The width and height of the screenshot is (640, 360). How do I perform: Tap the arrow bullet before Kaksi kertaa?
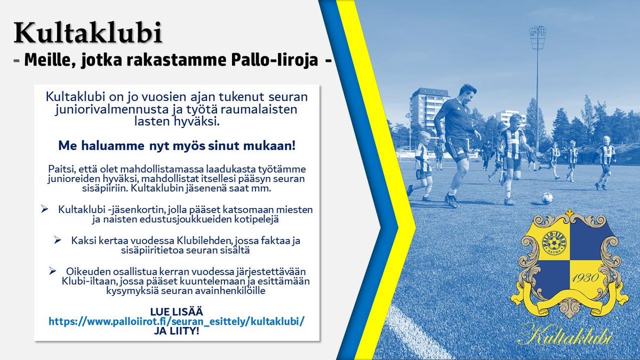tap(57, 241)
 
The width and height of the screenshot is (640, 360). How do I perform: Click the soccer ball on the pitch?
tap(547, 198)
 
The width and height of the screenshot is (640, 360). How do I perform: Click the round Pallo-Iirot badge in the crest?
tap(555, 241)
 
